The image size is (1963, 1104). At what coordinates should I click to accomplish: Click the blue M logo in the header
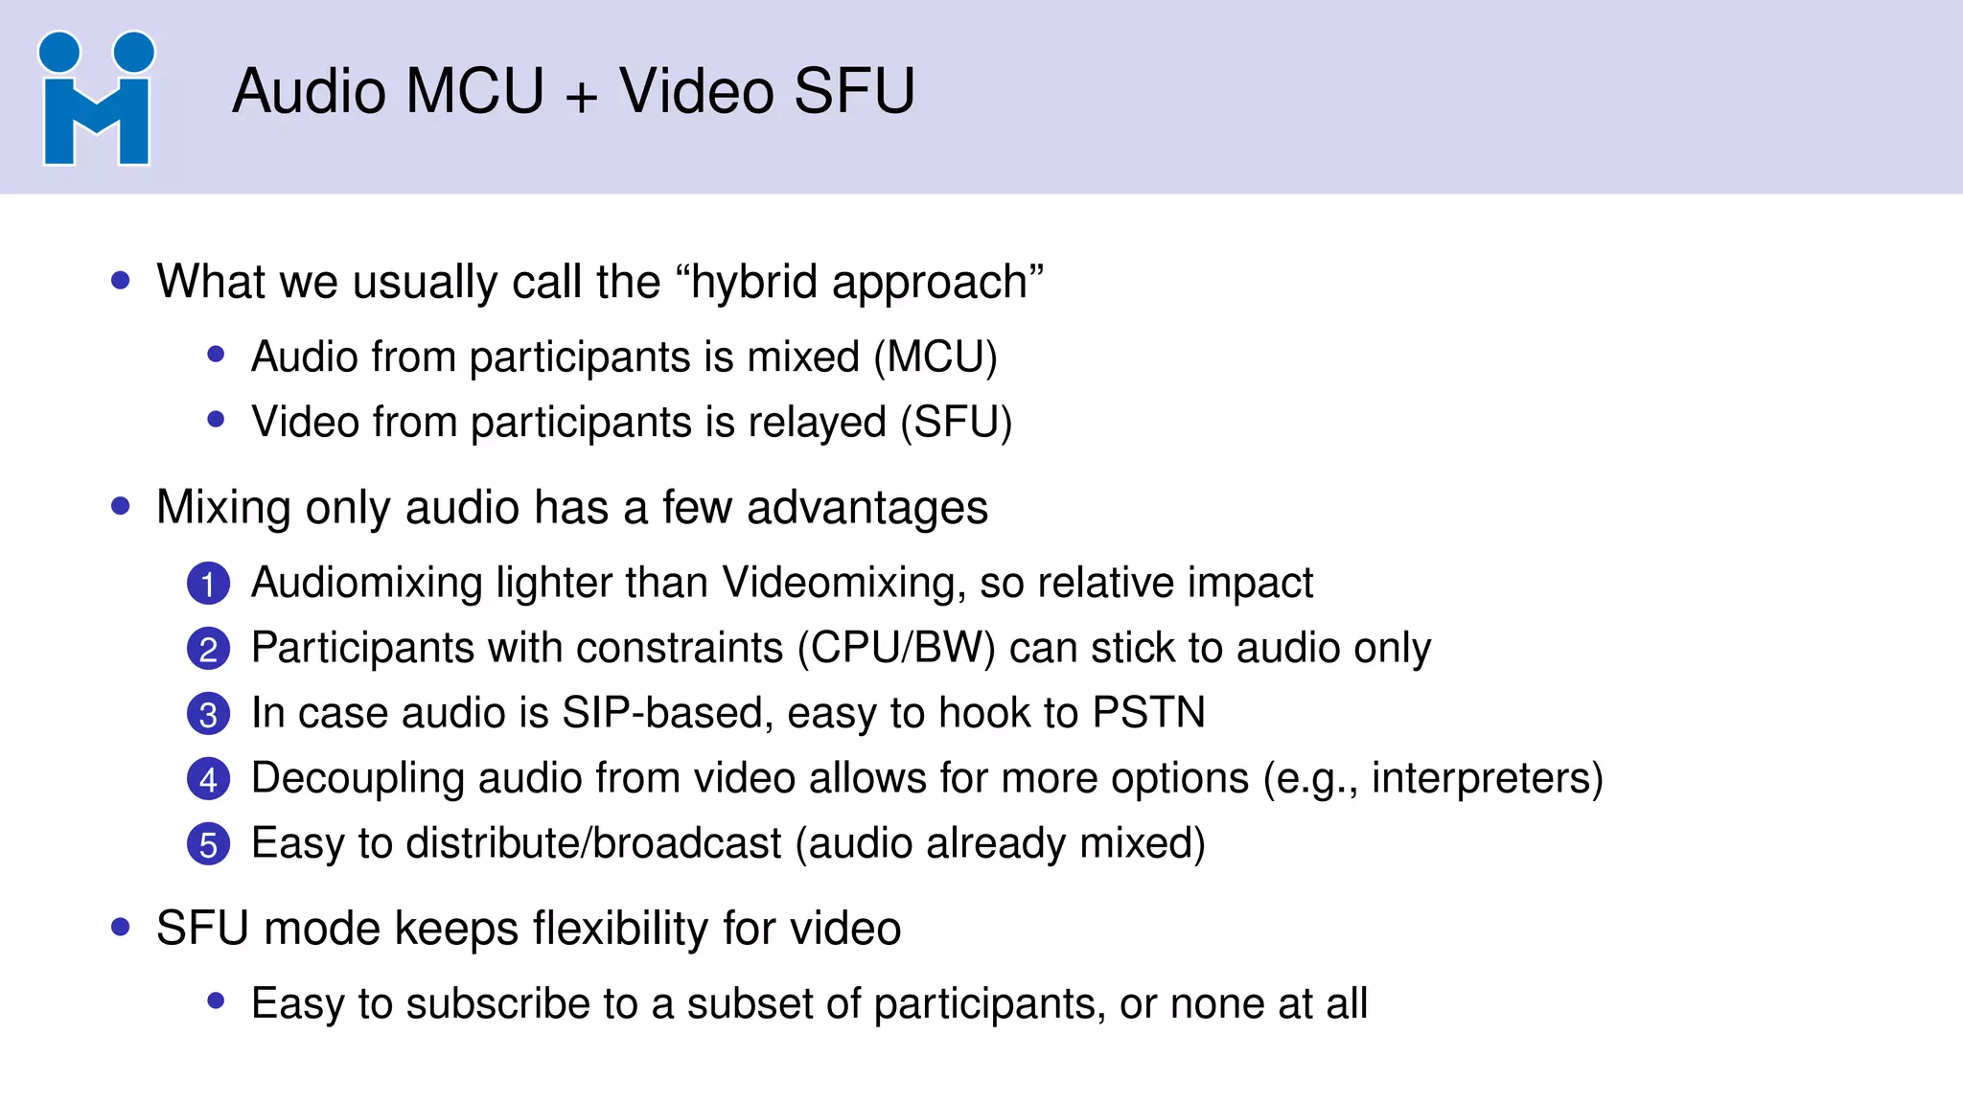pos(96,99)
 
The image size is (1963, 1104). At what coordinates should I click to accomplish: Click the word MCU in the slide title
pos(474,92)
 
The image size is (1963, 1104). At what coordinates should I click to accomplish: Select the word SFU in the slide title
pos(854,92)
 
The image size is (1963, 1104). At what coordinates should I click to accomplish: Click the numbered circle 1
pos(208,584)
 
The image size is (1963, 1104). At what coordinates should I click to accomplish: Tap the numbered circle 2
pos(208,649)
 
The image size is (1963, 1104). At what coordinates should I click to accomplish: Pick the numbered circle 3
pos(208,714)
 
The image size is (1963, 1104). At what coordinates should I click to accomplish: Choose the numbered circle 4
pos(208,779)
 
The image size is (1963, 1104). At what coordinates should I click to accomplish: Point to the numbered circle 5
pos(208,844)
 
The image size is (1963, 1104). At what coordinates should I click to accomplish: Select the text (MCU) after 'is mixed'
pos(935,357)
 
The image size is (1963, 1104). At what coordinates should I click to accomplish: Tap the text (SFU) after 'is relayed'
pos(956,423)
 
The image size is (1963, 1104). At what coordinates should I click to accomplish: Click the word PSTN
pos(1148,713)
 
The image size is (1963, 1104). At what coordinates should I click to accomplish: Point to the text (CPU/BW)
pos(896,649)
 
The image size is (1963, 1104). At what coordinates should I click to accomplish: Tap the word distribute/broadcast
pos(594,843)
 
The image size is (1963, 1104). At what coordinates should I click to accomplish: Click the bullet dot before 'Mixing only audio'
pos(121,506)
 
